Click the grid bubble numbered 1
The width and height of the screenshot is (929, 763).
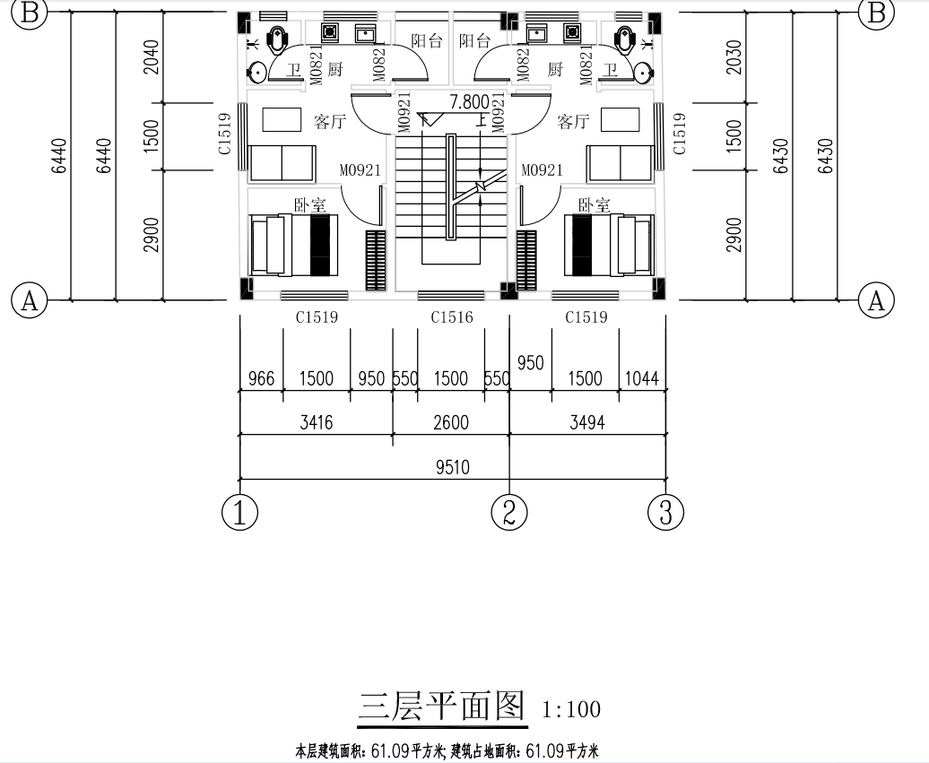(239, 513)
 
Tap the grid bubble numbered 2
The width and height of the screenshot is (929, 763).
(509, 513)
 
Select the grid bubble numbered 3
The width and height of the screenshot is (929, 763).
(665, 513)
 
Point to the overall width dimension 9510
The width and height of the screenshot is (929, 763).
(452, 467)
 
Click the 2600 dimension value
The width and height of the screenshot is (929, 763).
(451, 422)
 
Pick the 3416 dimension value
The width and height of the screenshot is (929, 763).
(316, 422)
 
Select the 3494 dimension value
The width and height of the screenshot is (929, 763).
(586, 422)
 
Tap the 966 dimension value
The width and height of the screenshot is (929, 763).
(261, 378)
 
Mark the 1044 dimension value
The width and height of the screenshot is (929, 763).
(642, 378)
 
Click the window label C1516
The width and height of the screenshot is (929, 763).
(451, 317)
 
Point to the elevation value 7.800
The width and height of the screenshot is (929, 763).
(470, 101)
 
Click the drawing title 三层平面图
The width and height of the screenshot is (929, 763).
(441, 707)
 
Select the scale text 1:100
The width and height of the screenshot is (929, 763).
(571, 710)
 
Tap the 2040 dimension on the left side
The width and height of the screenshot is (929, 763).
(151, 57)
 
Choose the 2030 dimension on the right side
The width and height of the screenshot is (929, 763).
(734, 57)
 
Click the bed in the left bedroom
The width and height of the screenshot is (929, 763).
(293, 244)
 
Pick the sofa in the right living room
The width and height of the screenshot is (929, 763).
(620, 163)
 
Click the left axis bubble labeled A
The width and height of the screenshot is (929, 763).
(29, 300)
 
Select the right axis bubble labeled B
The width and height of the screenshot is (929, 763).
(876, 13)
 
